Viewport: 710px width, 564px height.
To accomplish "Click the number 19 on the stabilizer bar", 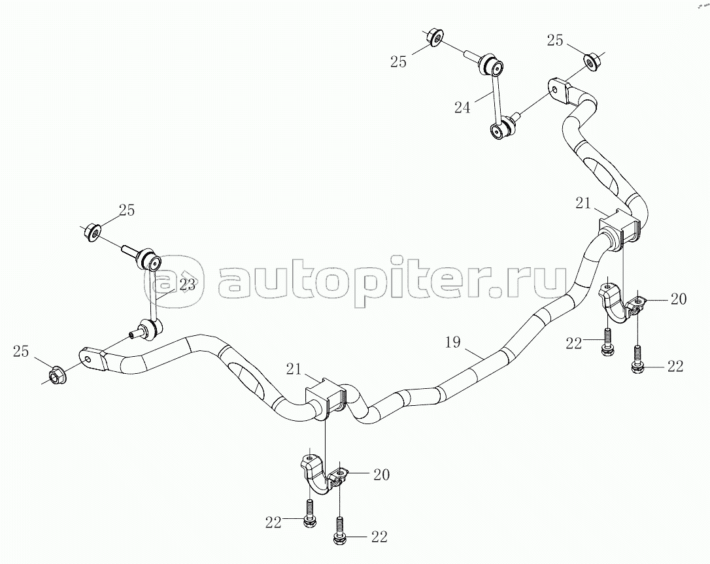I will (x=452, y=341).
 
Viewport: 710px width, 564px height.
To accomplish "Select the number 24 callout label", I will (x=462, y=107).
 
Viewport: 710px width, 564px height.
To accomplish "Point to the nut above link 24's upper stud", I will (x=433, y=37).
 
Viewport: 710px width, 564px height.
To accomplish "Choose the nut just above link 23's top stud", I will (x=92, y=231).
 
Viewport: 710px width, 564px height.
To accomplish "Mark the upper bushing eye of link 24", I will (x=494, y=67).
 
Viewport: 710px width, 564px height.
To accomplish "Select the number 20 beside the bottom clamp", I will (x=380, y=475).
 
